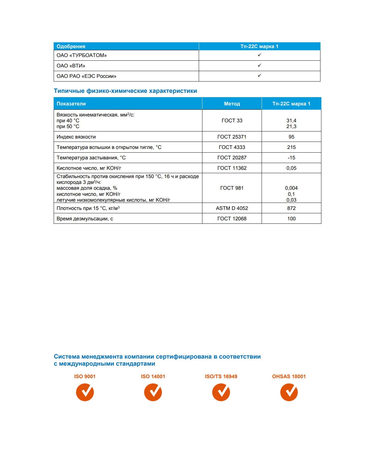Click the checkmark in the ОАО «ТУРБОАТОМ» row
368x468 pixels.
pyautogui.click(x=259, y=55)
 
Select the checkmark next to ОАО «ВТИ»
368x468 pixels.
pyautogui.click(x=259, y=65)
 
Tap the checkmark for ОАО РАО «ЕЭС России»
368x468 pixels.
pyautogui.click(x=259, y=75)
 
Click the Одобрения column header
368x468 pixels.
pyautogui.click(x=71, y=46)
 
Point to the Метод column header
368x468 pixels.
pyautogui.click(x=232, y=104)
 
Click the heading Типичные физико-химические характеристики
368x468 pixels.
pyautogui.click(x=125, y=91)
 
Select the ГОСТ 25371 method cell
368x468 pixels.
pyautogui.click(x=232, y=137)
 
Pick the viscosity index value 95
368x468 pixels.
pyautogui.click(x=291, y=137)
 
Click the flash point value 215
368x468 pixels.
pyautogui.click(x=291, y=147)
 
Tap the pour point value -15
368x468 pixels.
pyautogui.click(x=291, y=158)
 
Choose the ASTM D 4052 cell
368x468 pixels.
pyautogui.click(x=232, y=208)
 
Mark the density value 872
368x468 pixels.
pyautogui.click(x=291, y=208)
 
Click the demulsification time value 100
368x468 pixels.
pyautogui.click(x=291, y=219)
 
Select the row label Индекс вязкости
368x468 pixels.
pyautogui.click(x=76, y=137)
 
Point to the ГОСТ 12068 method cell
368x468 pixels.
pyautogui.click(x=232, y=219)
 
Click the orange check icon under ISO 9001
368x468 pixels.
pyautogui.click(x=85, y=392)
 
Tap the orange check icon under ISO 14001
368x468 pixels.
pyautogui.click(x=153, y=392)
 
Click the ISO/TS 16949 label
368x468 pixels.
pyautogui.click(x=221, y=376)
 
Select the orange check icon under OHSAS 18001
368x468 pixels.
pyautogui.click(x=289, y=392)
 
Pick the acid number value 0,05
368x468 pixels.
pyautogui.click(x=291, y=168)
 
